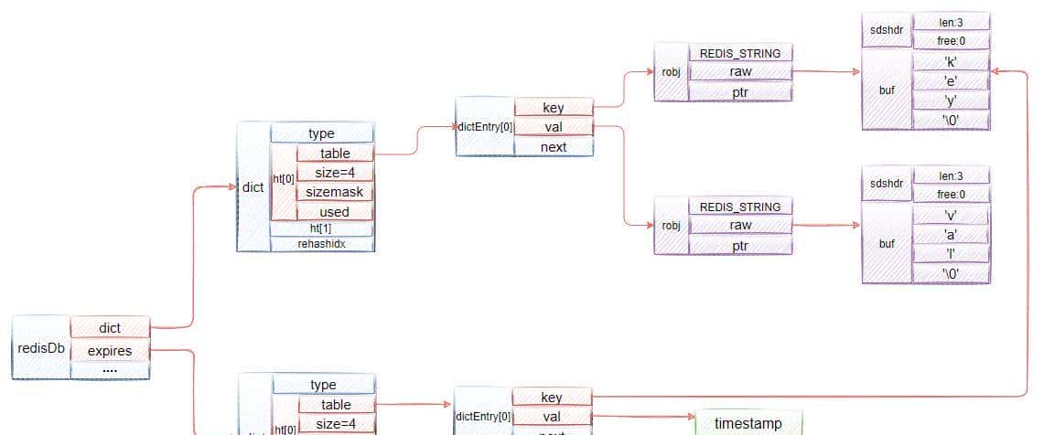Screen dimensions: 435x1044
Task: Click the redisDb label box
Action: [39, 348]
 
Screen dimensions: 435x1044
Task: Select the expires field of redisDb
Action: [110, 350]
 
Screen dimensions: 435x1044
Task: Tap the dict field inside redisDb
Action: [110, 328]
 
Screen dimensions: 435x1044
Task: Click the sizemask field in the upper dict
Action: [334, 192]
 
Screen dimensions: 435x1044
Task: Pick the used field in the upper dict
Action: [334, 211]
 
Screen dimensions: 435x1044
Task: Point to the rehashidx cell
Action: [321, 244]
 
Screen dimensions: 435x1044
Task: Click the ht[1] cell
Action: [321, 228]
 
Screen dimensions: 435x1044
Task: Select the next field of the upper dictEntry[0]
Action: [554, 146]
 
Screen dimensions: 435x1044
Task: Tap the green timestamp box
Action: [748, 424]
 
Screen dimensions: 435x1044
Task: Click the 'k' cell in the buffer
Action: [951, 61]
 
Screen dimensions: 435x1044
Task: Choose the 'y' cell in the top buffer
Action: [951, 100]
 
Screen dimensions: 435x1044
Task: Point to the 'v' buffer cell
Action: [951, 216]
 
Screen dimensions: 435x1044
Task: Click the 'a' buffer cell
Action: [951, 235]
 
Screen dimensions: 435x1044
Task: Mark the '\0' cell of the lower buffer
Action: [951, 273]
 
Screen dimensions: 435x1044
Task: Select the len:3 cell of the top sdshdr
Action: [951, 22]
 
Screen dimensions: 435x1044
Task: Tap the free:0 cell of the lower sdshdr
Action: [951, 195]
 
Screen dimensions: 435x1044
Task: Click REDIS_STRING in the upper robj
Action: [740, 53]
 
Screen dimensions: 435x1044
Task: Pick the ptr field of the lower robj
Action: [740, 244]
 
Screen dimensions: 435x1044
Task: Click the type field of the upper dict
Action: [321, 133]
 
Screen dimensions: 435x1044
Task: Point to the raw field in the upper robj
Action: [740, 71]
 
